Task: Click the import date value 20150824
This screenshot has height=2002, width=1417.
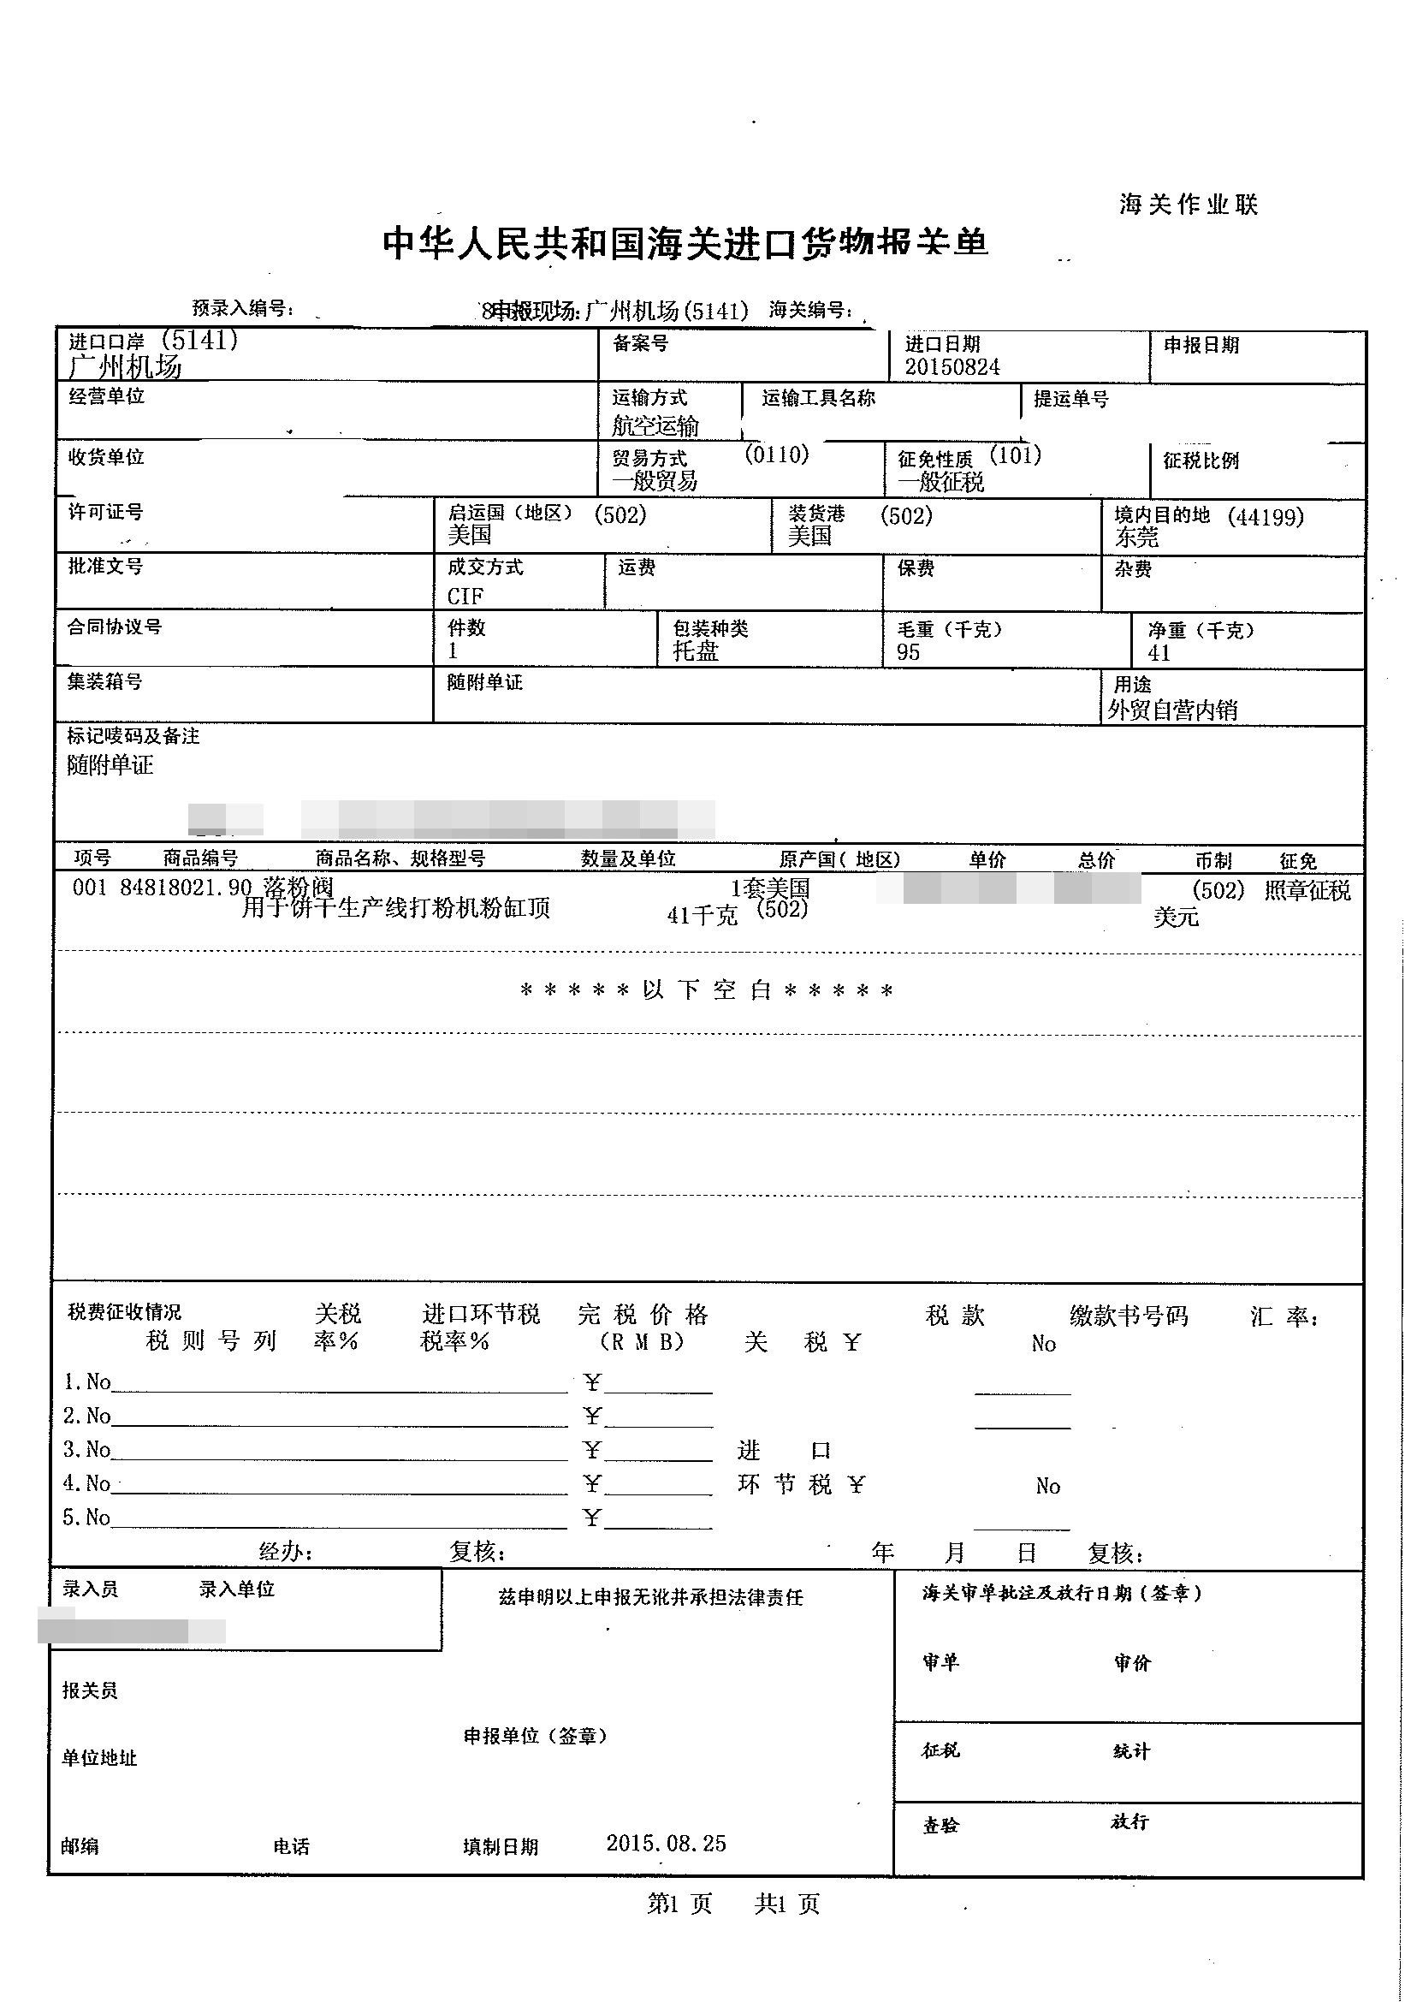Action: click(x=951, y=366)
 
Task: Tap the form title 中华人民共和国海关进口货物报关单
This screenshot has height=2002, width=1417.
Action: click(x=685, y=242)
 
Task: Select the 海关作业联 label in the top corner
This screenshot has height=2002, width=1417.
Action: click(x=1189, y=205)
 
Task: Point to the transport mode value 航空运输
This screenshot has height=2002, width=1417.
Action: click(x=655, y=426)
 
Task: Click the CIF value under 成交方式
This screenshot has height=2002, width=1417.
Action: click(x=465, y=596)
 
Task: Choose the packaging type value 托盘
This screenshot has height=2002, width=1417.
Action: click(x=696, y=651)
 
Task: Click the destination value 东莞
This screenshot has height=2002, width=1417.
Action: click(x=1136, y=538)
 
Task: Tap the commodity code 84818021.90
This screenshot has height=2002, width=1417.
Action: click(x=185, y=888)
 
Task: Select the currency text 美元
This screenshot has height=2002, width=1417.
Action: click(x=1176, y=918)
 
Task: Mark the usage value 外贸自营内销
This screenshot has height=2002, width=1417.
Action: click(x=1171, y=710)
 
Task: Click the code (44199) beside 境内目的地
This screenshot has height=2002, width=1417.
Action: click(x=1266, y=517)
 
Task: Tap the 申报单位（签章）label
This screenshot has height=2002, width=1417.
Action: click(x=535, y=1736)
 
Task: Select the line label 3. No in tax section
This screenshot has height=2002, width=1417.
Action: click(x=86, y=1450)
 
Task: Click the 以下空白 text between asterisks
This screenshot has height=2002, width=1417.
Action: click(x=706, y=989)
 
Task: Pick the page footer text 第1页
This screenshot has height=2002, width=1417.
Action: click(x=679, y=1904)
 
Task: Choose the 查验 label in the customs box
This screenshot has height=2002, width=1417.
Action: click(x=940, y=1825)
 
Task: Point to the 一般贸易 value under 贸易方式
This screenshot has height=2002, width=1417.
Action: click(x=655, y=481)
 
